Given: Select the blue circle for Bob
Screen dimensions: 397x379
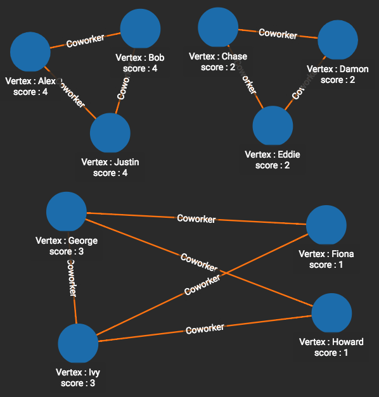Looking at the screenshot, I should pyautogui.click(x=140, y=28).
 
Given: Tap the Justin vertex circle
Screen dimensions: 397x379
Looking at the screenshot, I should pyautogui.click(x=110, y=134).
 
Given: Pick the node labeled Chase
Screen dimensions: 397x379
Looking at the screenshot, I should pyautogui.click(x=218, y=27).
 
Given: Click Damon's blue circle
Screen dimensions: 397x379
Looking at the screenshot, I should pyautogui.click(x=338, y=40).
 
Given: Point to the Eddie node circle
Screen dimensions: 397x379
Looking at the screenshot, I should pyautogui.click(x=273, y=125).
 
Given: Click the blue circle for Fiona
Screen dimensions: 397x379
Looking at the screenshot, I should pyautogui.click(x=326, y=225).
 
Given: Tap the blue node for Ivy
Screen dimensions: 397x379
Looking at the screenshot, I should pyautogui.click(x=78, y=344).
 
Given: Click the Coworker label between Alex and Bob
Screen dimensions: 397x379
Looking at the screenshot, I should pyautogui.click(x=86, y=41).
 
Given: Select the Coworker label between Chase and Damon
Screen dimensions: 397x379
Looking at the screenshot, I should pyautogui.click(x=278, y=34).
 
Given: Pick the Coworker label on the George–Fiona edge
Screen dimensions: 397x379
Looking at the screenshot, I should pyautogui.click(x=196, y=219).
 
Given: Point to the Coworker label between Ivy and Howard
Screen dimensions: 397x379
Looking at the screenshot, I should pyautogui.click(x=205, y=329).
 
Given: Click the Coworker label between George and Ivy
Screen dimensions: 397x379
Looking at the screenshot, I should pyautogui.click(x=72, y=278).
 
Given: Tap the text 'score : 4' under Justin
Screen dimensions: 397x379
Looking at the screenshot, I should pyautogui.click(x=110, y=173).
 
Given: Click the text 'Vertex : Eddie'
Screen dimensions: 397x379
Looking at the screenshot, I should pyautogui.click(x=273, y=154).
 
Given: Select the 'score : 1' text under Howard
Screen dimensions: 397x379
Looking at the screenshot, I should pyautogui.click(x=331, y=353).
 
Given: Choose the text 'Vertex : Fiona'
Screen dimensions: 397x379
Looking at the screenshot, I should pyautogui.click(x=326, y=254).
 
